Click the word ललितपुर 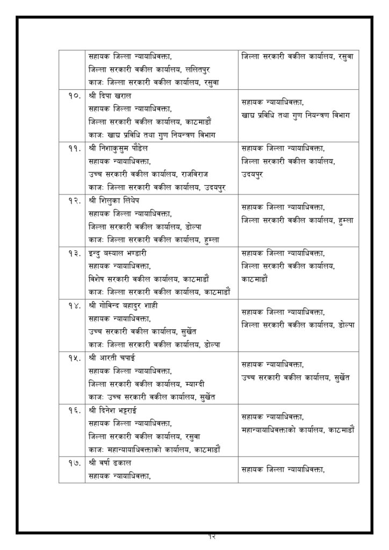(x=202, y=69)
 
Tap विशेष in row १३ (x=97, y=279)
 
